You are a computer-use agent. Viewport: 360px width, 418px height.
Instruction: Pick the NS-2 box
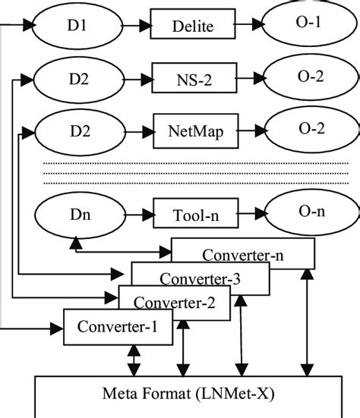point(193,77)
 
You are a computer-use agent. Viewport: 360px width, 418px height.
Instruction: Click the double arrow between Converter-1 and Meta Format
point(134,360)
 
